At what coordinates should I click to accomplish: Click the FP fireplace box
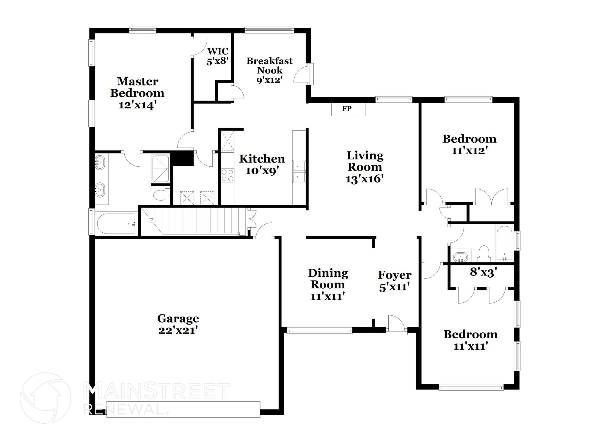348,109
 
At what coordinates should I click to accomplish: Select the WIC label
217,51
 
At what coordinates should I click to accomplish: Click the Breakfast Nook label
269,66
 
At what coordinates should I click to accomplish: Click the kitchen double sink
299,172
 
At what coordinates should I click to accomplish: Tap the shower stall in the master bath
161,168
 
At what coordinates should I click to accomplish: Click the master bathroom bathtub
116,223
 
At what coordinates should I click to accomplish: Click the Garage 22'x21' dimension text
178,331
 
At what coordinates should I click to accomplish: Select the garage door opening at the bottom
183,409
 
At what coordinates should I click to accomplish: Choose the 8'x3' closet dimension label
484,272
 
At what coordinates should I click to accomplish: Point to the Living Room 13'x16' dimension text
365,179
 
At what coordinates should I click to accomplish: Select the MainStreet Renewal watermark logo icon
45,398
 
